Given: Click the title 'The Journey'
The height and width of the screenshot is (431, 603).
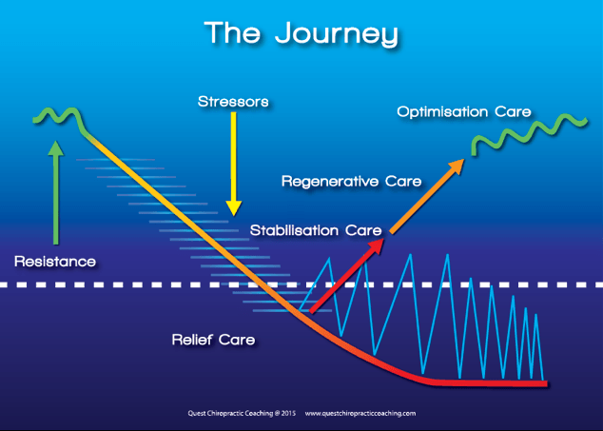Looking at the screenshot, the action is (301, 34).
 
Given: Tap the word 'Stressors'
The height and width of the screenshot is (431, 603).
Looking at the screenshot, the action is (233, 102).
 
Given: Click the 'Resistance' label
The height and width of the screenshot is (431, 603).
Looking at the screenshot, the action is (55, 262).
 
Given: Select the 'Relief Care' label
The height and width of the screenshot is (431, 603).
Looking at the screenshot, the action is (213, 340).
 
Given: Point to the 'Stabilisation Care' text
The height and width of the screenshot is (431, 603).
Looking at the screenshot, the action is (316, 230).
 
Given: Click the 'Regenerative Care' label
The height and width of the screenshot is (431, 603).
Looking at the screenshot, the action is (352, 182).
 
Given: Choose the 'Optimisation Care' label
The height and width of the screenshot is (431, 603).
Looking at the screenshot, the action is (464, 112).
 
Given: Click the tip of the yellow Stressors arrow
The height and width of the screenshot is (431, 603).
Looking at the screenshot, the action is (233, 215).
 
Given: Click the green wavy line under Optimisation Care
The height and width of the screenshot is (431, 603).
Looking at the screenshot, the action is (530, 133).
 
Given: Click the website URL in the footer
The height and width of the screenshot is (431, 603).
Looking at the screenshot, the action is (360, 413).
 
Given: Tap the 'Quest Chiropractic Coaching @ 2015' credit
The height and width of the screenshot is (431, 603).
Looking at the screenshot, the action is (242, 413).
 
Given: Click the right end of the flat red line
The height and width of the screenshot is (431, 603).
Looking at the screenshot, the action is (546, 383).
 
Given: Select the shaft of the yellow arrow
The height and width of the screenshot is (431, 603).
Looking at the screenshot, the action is (233, 157).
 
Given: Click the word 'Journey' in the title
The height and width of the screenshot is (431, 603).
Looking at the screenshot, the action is (337, 34).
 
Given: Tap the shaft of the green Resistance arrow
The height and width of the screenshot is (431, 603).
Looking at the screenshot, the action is (56, 200).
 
